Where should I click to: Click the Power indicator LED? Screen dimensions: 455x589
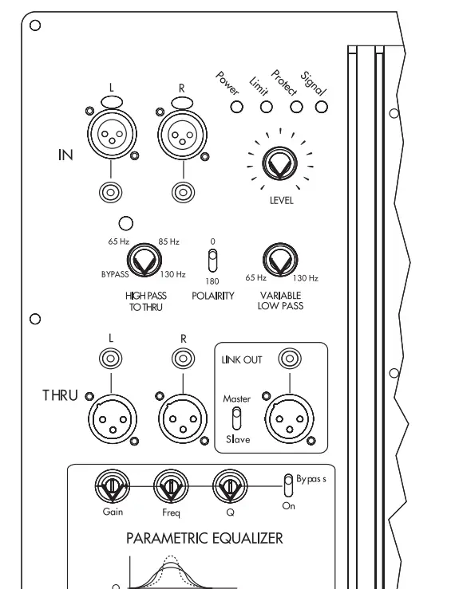coord(236,107)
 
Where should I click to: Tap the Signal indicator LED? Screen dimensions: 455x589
coord(321,107)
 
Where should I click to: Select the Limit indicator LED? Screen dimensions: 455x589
coord(266,107)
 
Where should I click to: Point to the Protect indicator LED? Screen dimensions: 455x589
coord(296,107)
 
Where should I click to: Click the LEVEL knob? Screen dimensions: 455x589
coord(279,164)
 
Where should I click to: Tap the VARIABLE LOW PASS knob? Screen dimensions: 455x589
coord(280,261)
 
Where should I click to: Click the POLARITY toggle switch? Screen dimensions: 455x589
coord(212,261)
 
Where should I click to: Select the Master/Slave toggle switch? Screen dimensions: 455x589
coord(236,419)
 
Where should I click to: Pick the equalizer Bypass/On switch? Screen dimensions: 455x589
coord(288,485)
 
